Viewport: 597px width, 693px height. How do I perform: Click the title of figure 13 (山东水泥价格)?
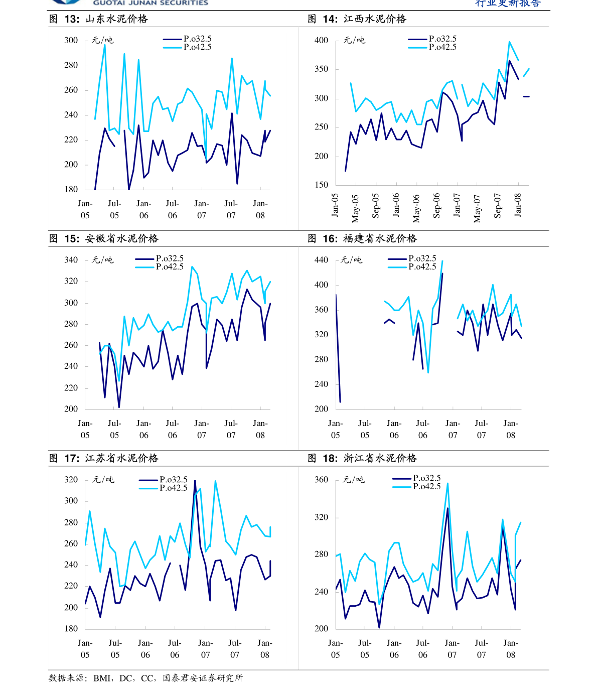pyautogui.click(x=98, y=19)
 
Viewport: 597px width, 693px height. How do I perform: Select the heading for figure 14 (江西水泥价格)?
pyautogui.click(x=357, y=19)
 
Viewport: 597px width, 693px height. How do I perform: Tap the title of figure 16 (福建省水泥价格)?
pyautogui.click(x=362, y=238)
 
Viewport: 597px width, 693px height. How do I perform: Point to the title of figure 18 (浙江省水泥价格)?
pyautogui.click(x=362, y=458)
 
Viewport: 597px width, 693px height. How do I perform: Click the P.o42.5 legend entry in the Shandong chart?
pyautogui.click(x=188, y=47)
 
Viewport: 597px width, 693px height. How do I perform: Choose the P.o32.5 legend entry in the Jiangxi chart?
pyautogui.click(x=432, y=39)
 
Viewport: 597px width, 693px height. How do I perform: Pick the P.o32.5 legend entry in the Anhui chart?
pyautogui.click(x=160, y=258)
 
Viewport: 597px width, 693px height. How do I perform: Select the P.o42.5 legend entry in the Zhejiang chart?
pyautogui.click(x=417, y=486)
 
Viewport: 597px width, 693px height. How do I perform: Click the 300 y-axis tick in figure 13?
pyautogui.click(x=71, y=40)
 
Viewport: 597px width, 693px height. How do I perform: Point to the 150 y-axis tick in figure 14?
pyautogui.click(x=321, y=185)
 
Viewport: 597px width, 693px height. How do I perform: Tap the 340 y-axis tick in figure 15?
pyautogui.click(x=71, y=260)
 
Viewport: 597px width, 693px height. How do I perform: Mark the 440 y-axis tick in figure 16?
pyautogui.click(x=321, y=260)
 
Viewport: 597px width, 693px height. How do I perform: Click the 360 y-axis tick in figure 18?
pyautogui.click(x=321, y=479)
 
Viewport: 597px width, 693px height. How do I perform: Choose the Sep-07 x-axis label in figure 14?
pyautogui.click(x=498, y=206)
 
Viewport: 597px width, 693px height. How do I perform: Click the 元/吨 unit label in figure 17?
pyautogui.click(x=103, y=479)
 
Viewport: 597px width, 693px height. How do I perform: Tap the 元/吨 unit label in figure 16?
pyautogui.click(x=351, y=260)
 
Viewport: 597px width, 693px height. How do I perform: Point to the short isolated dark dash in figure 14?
pyautogui.click(x=526, y=96)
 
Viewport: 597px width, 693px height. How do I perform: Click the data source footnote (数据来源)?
pyautogui.click(x=146, y=678)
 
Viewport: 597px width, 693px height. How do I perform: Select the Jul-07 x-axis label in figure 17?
pyautogui.click(x=235, y=648)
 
